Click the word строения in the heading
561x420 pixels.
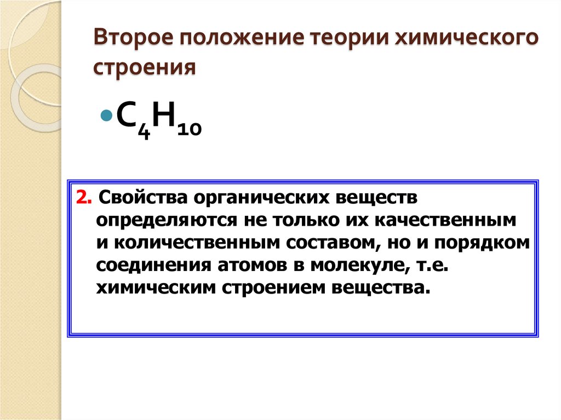pyautogui.click(x=145, y=68)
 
